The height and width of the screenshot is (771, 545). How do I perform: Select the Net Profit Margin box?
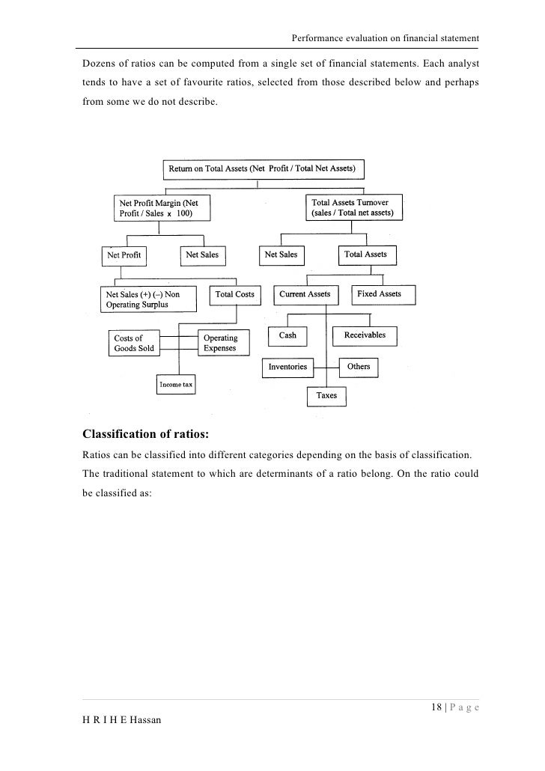pyautogui.click(x=161, y=208)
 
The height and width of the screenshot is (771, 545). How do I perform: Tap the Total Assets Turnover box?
pyautogui.click(x=355, y=207)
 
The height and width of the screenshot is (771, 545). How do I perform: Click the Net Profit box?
pyautogui.click(x=124, y=255)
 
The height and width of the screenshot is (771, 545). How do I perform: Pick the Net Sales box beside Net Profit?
pyautogui.click(x=202, y=255)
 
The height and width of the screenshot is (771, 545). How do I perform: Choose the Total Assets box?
pyautogui.click(x=365, y=255)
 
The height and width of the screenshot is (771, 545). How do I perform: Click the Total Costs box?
pyautogui.click(x=234, y=295)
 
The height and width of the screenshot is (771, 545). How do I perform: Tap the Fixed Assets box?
pyautogui.click(x=379, y=294)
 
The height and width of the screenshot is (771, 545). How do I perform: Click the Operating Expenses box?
pyautogui.click(x=222, y=343)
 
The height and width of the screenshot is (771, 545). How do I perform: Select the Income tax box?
pyautogui.click(x=176, y=385)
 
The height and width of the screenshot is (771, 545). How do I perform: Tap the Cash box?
pyautogui.click(x=287, y=336)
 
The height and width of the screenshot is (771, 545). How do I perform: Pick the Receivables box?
pyautogui.click(x=365, y=335)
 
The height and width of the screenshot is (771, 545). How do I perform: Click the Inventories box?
pyautogui.click(x=287, y=368)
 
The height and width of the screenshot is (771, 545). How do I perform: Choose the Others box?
pyautogui.click(x=359, y=368)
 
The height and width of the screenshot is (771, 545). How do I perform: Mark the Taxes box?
pyautogui.click(x=326, y=395)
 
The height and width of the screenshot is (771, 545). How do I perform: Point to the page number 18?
pyautogui.click(x=437, y=708)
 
